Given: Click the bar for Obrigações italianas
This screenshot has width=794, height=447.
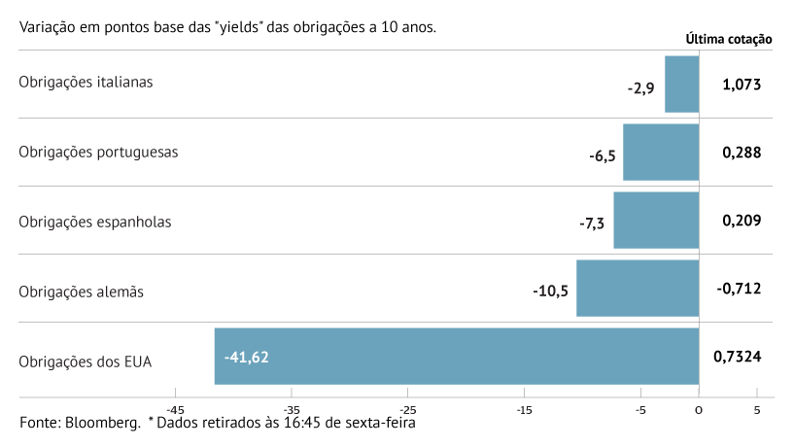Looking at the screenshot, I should [681, 85].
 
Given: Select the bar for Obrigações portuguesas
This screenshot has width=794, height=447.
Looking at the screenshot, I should [661, 153].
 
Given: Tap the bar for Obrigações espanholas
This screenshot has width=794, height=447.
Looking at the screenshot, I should [656, 221].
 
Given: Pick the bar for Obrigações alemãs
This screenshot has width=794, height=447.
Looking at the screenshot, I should [638, 289].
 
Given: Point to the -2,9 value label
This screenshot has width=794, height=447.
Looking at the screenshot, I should [640, 87].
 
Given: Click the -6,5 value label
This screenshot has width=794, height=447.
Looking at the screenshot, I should [602, 155].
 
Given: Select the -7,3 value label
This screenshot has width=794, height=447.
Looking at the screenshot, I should [592, 223].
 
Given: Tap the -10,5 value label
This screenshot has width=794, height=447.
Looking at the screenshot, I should [550, 291].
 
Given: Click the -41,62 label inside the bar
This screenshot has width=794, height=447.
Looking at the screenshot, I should [246, 358].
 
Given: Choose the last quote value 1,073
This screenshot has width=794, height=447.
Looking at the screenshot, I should [741, 85].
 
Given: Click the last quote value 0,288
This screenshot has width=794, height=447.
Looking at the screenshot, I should [741, 153].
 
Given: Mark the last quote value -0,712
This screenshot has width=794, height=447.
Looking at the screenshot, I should [739, 289].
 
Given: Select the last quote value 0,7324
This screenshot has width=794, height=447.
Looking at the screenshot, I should [737, 357].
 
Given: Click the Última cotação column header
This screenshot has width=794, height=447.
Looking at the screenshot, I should [729, 40].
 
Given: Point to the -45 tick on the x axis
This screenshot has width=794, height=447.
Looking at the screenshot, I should [176, 410].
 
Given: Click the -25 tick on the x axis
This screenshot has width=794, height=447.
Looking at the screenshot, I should [407, 410].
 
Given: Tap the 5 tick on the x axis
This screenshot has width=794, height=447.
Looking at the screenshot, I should [756, 410].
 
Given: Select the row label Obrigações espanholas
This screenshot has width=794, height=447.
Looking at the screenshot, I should [95, 222].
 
